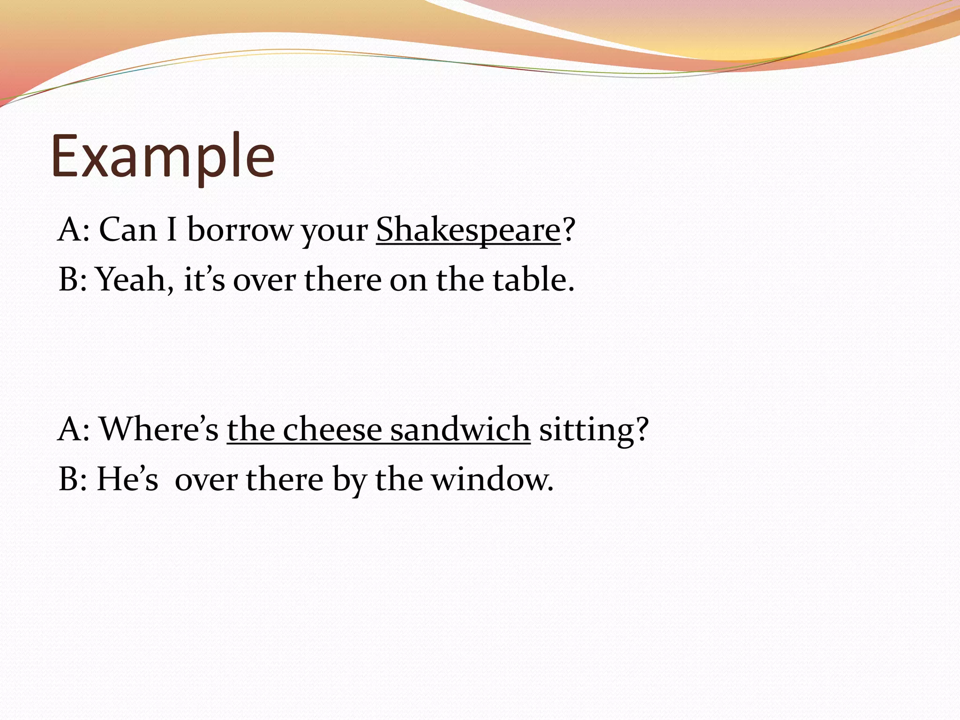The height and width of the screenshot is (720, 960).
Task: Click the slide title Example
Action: click(163, 157)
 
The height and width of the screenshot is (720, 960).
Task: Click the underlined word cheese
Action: click(332, 429)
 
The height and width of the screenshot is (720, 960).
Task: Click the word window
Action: click(492, 480)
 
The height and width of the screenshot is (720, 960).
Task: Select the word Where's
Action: click(159, 429)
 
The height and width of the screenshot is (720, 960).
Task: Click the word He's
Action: click(127, 479)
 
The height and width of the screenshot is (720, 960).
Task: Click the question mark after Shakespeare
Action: click(569, 230)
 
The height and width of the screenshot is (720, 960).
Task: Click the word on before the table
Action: click(408, 280)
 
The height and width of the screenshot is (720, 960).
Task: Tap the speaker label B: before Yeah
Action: click(73, 280)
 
